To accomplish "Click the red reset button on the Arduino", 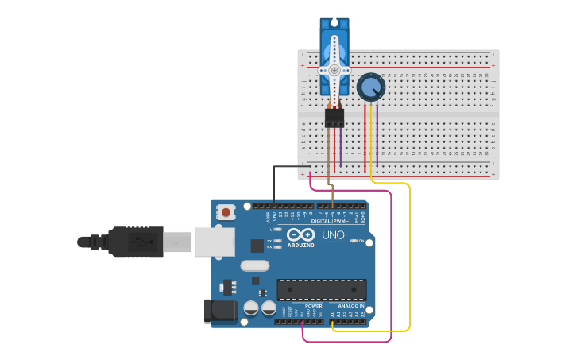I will click(x=226, y=212).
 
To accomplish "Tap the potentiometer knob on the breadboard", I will click(x=370, y=87).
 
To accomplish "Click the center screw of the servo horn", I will click(x=334, y=70).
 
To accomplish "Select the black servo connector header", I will click(x=334, y=118).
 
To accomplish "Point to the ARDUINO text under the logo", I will click(x=300, y=246).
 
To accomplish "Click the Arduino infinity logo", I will click(x=300, y=235).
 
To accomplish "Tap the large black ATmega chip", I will click(x=322, y=290).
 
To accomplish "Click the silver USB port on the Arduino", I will click(x=215, y=242).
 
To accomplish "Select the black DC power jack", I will click(x=220, y=311).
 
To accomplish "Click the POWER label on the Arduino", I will click(x=314, y=306).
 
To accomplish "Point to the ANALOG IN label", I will click(x=350, y=306).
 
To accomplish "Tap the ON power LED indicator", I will click(x=352, y=241).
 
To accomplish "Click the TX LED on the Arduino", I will click(x=277, y=240).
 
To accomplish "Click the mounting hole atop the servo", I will click(x=334, y=22).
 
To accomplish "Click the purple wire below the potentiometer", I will click(x=377, y=135).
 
